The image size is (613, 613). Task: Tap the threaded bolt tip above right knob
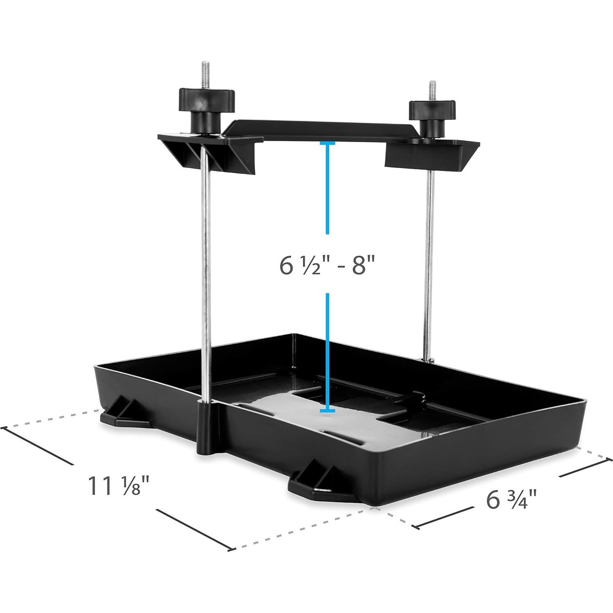click(x=432, y=90)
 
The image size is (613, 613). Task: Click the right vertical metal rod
click(x=429, y=262)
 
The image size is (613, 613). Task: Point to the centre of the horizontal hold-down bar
click(x=319, y=130)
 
